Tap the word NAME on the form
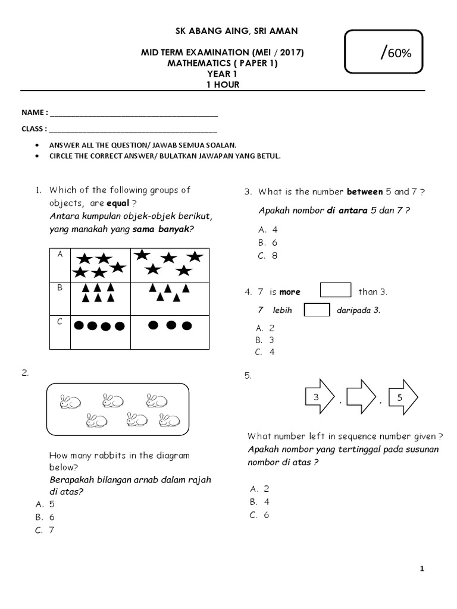click(33, 112)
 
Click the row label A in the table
click(60, 254)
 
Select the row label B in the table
click(60, 287)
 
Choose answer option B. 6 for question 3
click(267, 243)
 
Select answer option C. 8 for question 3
click(267, 256)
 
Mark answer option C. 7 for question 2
click(45, 530)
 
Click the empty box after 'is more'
click(336, 290)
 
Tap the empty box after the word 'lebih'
click(317, 310)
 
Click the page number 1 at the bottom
click(422, 569)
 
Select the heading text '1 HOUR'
click(223, 84)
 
